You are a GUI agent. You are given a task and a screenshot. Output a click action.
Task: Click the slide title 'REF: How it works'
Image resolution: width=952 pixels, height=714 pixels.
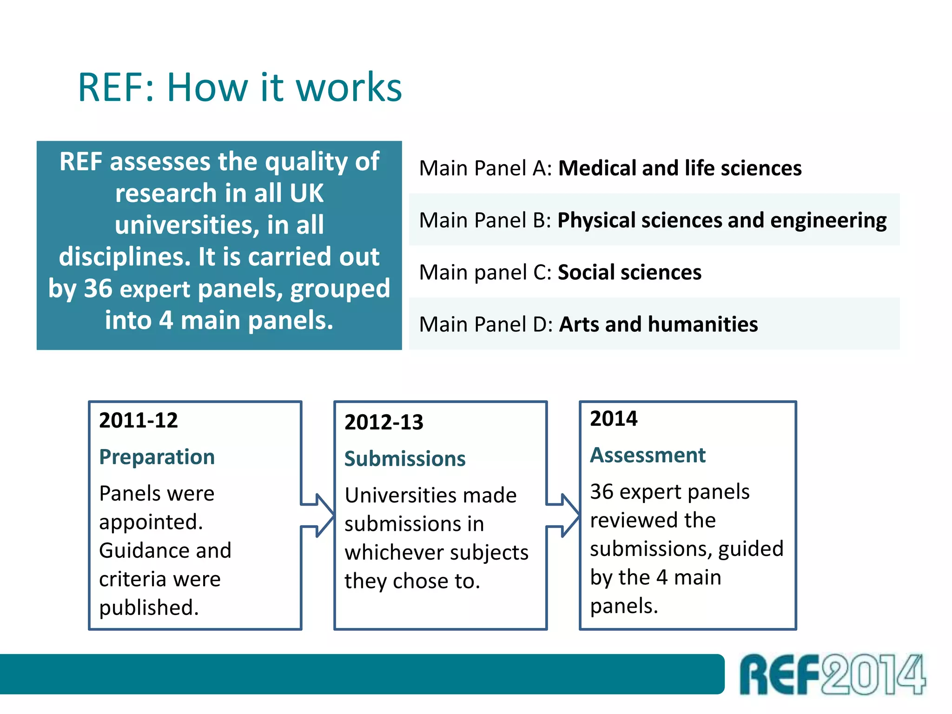pos(239,87)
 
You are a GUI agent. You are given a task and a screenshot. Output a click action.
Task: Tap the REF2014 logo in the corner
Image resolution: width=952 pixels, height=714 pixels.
pos(832,674)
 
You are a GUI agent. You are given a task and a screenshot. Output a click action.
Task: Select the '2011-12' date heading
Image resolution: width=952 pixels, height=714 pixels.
pos(139,420)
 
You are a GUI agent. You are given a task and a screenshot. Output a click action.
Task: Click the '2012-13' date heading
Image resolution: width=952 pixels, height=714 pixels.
pos(383,422)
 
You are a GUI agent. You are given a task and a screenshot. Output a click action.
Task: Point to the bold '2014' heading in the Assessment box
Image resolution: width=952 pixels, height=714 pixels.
pos(614,418)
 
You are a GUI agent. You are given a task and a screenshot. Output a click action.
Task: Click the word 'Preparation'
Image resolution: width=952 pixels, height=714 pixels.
pos(157,457)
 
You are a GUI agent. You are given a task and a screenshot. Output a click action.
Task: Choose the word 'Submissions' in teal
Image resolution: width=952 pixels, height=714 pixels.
pos(405,459)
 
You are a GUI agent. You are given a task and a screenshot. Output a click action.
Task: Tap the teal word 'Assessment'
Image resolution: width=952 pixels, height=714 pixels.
pos(648,455)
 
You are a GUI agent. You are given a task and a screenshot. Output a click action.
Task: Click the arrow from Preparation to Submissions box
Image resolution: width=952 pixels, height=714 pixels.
pos(318,515)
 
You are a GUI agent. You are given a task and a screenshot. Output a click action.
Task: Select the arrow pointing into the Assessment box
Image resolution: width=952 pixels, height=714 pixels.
pos(563,515)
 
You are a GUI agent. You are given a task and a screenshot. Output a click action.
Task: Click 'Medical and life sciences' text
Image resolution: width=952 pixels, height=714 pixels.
pos(680,168)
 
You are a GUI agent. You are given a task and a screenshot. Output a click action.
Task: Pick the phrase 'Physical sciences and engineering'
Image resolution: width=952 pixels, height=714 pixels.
pos(722,220)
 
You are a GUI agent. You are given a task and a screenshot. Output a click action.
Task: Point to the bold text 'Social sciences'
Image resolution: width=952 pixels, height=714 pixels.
pos(629,272)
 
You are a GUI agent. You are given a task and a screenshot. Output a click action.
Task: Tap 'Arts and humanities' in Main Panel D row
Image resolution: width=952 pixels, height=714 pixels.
pos(658,324)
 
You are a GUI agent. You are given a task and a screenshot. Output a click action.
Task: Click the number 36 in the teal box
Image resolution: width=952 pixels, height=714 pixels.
pos(98,289)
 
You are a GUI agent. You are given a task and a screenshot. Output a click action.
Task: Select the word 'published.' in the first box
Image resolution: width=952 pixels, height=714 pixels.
pos(149,608)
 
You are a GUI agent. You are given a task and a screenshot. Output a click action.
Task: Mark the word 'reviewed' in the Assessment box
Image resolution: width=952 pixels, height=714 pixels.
pos(653,520)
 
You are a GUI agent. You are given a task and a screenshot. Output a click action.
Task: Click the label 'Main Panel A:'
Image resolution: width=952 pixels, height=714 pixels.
pos(485,168)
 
